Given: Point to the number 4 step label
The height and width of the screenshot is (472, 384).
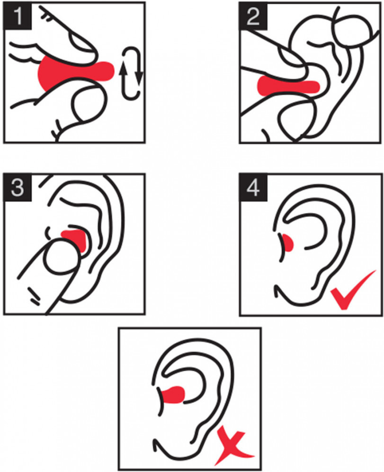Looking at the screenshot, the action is (253, 188).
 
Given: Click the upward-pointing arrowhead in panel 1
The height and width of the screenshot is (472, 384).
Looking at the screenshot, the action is (123, 69).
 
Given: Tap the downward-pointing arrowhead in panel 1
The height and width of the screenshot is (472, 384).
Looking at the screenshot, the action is (139, 79).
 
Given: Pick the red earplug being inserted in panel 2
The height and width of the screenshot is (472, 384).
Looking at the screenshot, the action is (287, 86).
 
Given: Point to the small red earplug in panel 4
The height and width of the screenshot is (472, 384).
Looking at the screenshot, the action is (288, 242).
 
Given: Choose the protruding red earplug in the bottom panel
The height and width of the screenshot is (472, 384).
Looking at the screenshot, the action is (173, 395).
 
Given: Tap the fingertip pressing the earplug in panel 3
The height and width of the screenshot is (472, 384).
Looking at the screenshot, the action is (62, 254).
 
